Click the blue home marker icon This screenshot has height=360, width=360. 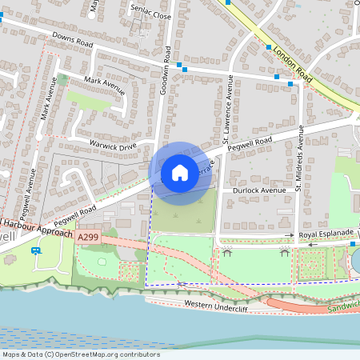180,173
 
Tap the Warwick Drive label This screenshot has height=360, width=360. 112,146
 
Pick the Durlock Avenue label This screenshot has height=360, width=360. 259,191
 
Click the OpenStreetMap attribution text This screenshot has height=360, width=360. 80,354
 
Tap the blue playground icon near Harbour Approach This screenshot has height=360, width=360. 36,250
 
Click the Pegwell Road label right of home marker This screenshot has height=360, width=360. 249,143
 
